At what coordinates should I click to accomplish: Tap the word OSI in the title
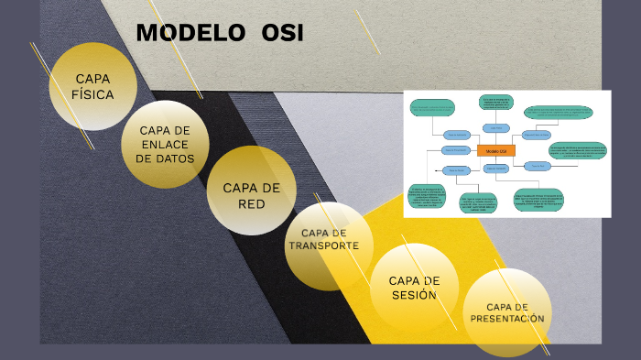pyautogui.click(x=282, y=33)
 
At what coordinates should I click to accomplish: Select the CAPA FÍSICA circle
pyautogui.click(x=93, y=86)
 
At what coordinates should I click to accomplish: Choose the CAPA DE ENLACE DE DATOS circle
pyautogui.click(x=166, y=144)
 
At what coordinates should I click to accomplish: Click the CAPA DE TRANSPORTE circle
pyautogui.click(x=328, y=245)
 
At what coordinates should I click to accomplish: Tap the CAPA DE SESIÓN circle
pyautogui.click(x=414, y=288)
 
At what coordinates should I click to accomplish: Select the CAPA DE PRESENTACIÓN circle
pyautogui.click(x=507, y=312)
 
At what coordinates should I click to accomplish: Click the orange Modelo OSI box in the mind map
pyautogui.click(x=495, y=149)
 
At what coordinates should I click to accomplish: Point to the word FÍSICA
pyautogui.click(x=93, y=93)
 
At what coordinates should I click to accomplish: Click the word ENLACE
pyautogui.click(x=166, y=144)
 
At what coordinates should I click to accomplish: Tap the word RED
pyautogui.click(x=252, y=203)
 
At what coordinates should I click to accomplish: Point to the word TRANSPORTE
pyautogui.click(x=318, y=245)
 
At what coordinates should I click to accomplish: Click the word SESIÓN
pyautogui.click(x=414, y=295)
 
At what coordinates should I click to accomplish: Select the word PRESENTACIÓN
pyautogui.click(x=507, y=319)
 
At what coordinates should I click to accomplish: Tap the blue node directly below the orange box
pyautogui.click(x=495, y=169)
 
